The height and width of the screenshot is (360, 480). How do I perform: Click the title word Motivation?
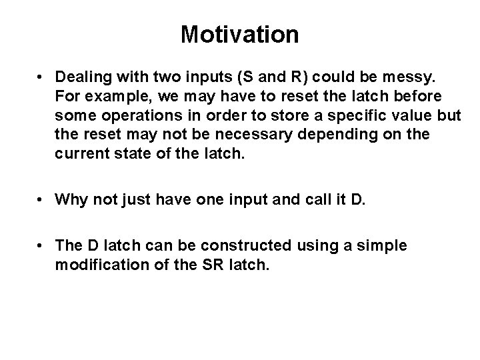click(239, 34)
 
